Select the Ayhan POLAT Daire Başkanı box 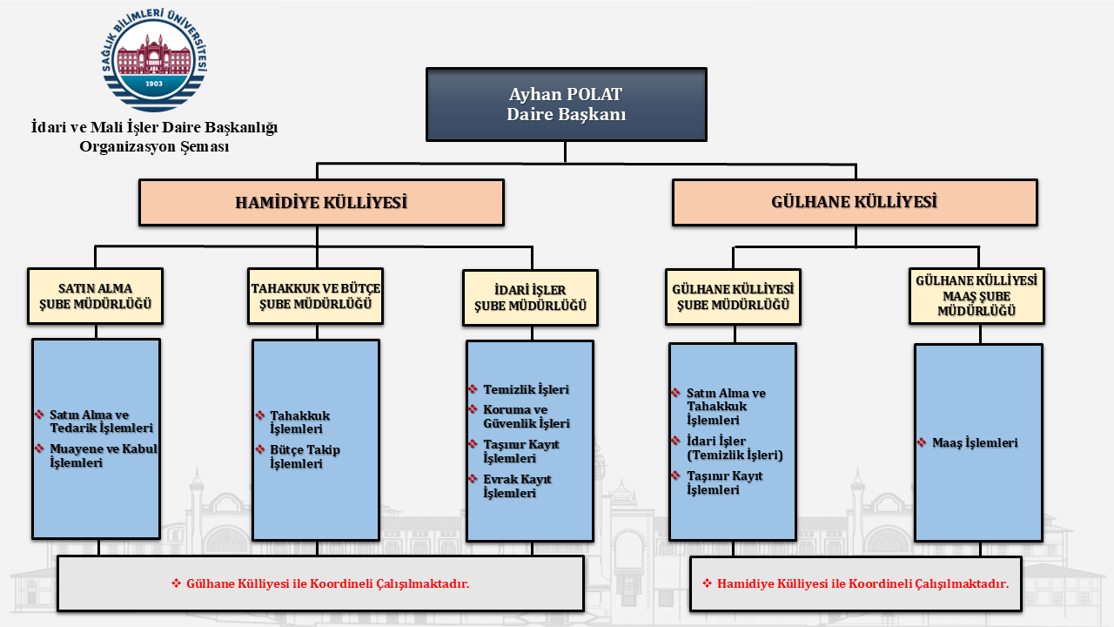566,104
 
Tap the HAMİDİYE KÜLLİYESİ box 321,203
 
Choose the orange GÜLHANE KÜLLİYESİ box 854,202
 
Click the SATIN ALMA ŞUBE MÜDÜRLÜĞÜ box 96,297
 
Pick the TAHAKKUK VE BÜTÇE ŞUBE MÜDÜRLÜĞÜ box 316,296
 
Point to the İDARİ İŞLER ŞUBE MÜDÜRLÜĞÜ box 530,298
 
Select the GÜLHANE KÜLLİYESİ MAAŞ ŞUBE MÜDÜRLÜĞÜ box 976,295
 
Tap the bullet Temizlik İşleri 526,390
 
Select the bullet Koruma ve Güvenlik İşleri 526,416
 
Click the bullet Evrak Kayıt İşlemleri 517,486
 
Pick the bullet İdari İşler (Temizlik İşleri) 735,448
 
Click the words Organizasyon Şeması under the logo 154,147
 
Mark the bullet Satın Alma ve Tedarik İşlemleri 101,421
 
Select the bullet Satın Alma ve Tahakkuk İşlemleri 726,407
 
